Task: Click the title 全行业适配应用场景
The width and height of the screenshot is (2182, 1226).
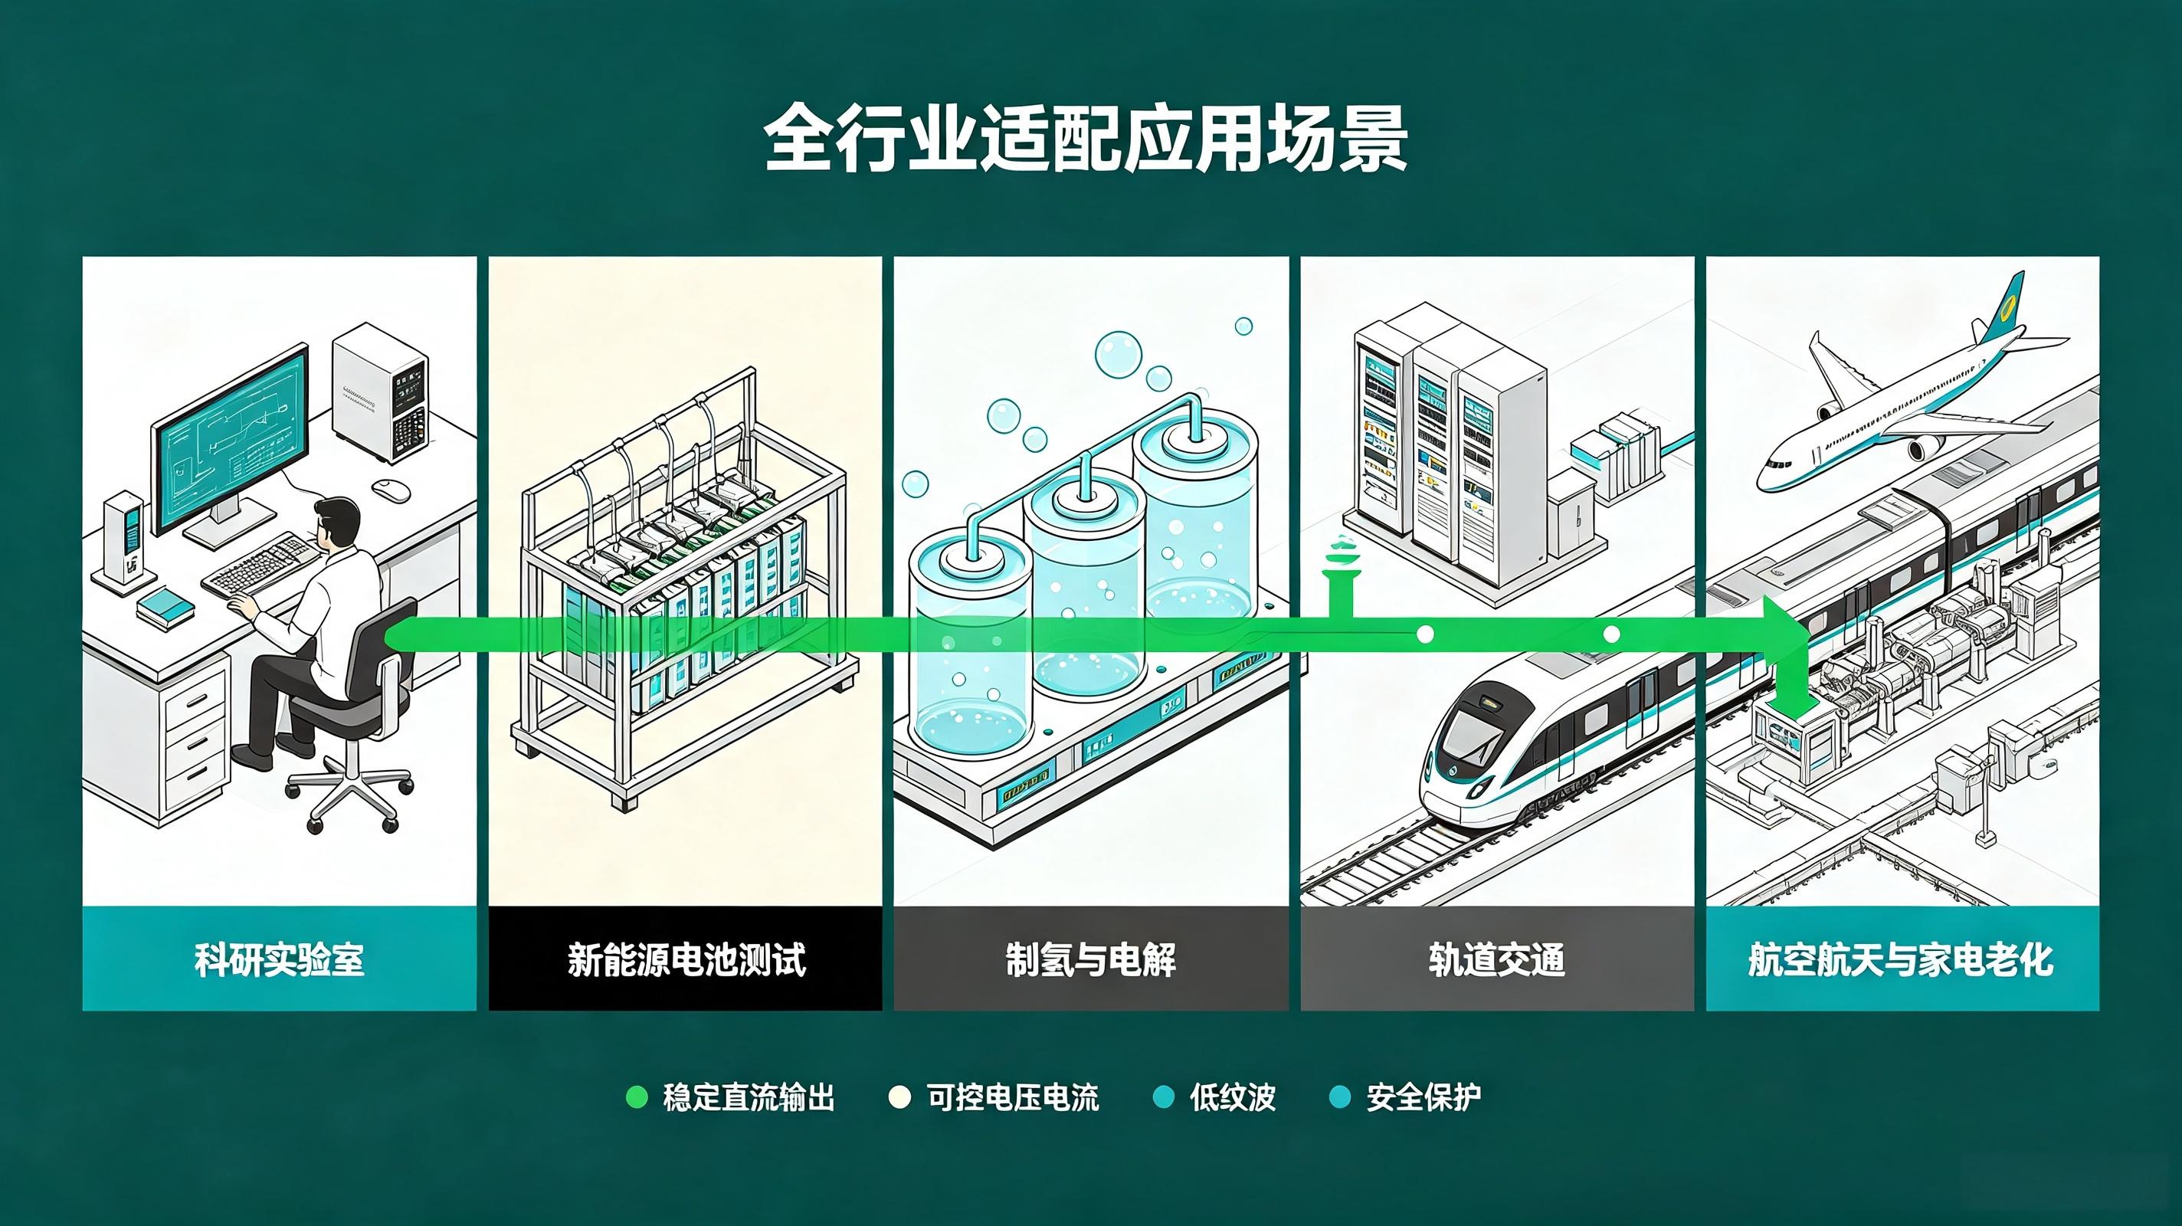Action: tap(1086, 138)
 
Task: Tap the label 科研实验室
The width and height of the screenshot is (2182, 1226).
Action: tap(280, 959)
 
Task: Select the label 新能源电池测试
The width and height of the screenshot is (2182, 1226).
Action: tap(686, 959)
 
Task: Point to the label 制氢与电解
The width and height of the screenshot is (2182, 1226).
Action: tap(1091, 959)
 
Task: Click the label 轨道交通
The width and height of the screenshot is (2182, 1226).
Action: tap(1497, 959)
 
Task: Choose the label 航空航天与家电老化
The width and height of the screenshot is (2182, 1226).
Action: tap(1902, 959)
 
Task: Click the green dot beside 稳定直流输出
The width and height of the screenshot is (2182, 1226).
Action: tap(636, 1097)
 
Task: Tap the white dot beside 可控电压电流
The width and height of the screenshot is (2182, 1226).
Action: tap(899, 1097)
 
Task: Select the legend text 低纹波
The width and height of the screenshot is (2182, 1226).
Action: tap(1233, 1097)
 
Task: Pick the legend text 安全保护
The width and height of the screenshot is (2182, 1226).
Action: tap(1424, 1097)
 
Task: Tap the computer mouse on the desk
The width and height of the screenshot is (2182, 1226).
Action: tap(392, 489)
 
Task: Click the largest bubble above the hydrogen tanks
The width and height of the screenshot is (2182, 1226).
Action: tap(1118, 354)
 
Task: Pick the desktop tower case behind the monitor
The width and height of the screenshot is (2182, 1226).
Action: tap(378, 392)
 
